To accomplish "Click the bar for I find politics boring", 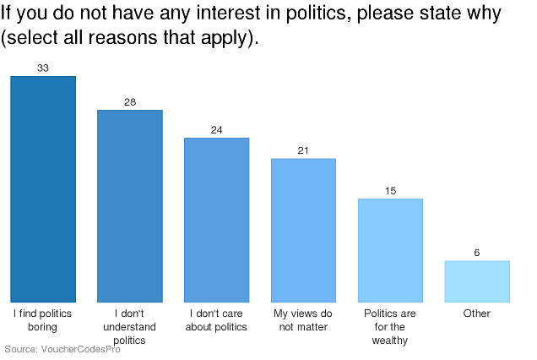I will pyautogui.click(x=43, y=189).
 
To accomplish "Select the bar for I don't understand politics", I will pyautogui.click(x=130, y=206).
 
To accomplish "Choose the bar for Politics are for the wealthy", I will pyautogui.click(x=390, y=250).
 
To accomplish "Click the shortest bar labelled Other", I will pyautogui.click(x=477, y=281).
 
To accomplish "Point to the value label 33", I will pyautogui.click(x=43, y=68).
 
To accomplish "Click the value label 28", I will pyautogui.click(x=130, y=102).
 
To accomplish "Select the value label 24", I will pyautogui.click(x=217, y=129).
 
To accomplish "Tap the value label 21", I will pyautogui.click(x=303, y=150).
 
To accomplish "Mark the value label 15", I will pyautogui.click(x=390, y=191).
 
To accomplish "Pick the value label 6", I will pyautogui.click(x=477, y=253).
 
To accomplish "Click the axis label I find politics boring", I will pyautogui.click(x=43, y=320).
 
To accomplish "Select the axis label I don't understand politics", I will pyautogui.click(x=130, y=327).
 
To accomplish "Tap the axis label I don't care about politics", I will pyautogui.click(x=217, y=320).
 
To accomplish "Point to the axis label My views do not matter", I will pyautogui.click(x=303, y=320).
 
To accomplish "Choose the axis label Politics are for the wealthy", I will pyautogui.click(x=390, y=327).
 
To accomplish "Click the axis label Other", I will pyautogui.click(x=477, y=314).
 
